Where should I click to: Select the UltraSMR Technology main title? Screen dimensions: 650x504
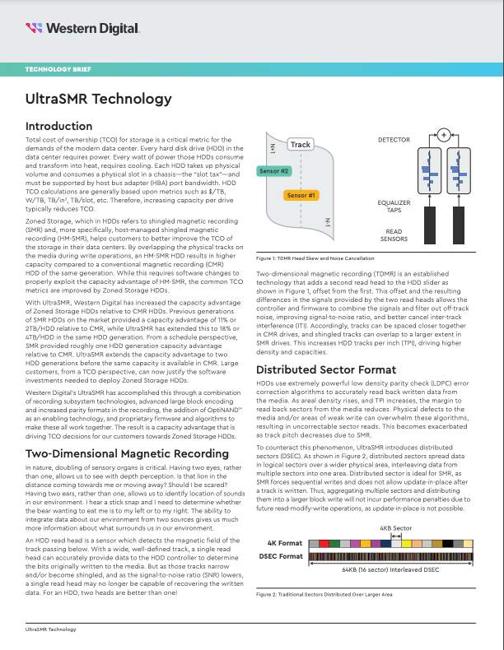pos(97,100)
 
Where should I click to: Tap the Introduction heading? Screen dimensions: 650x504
pos(64,126)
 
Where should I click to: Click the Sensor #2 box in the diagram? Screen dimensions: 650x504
pos(273,171)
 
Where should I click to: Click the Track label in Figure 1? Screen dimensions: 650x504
pos(301,145)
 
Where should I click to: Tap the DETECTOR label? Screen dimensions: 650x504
pos(394,141)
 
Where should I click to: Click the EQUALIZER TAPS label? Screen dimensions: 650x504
pos(394,205)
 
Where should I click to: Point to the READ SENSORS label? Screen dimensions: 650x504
pos(394,234)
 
